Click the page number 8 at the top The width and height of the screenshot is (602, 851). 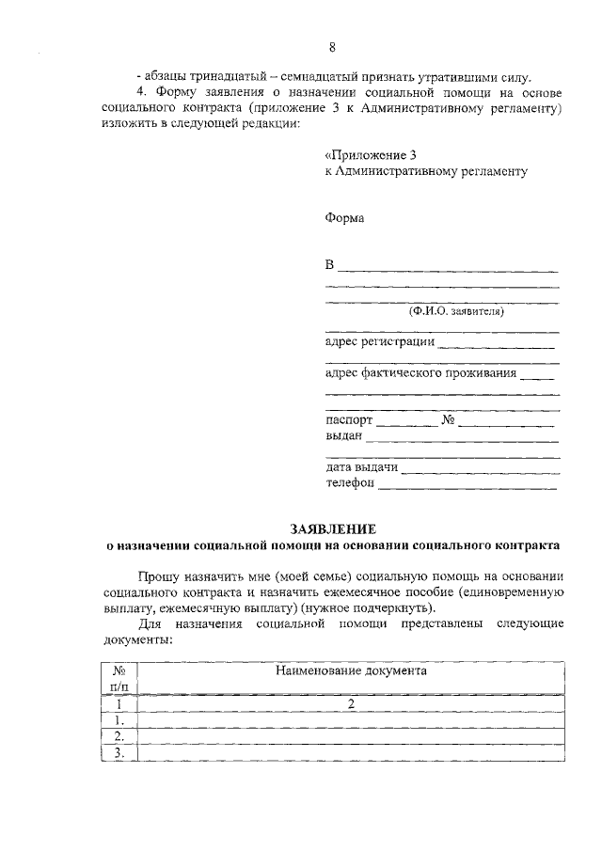point(332,47)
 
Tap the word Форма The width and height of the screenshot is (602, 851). point(344,217)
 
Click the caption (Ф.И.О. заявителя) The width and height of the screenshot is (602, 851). point(456,310)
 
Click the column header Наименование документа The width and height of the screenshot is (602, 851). point(351,671)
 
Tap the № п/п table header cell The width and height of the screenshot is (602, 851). point(119,679)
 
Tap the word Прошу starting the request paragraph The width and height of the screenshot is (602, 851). point(157,575)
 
